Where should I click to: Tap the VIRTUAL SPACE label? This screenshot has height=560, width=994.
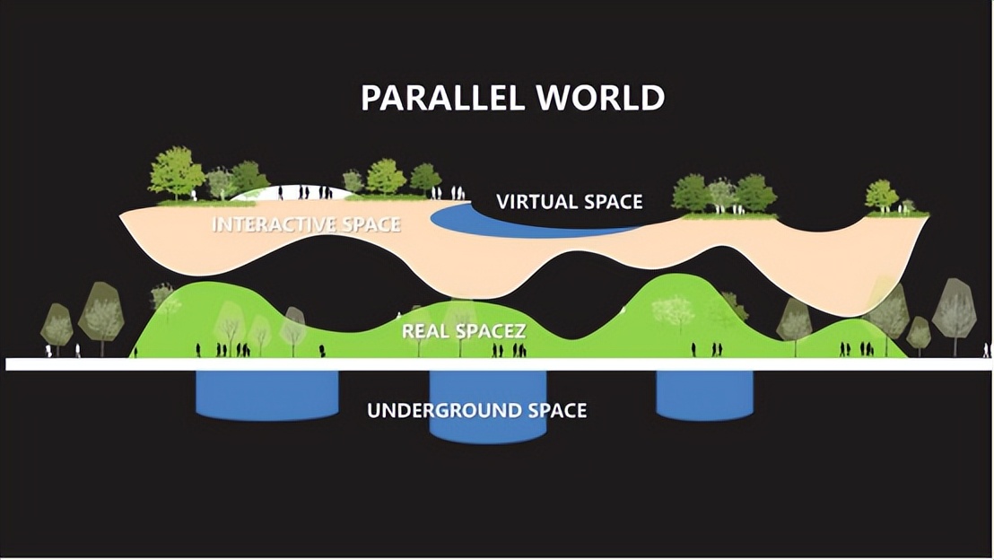tap(570, 202)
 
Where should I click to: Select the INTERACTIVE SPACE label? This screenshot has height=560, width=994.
tap(306, 224)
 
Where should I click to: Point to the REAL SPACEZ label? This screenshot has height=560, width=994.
tap(463, 330)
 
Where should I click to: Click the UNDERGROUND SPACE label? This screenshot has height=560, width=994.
tap(476, 411)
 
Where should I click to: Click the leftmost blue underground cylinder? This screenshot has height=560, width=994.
tap(266, 395)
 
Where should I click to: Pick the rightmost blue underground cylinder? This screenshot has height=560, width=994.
tap(704, 395)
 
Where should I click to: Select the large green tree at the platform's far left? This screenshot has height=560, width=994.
tap(175, 172)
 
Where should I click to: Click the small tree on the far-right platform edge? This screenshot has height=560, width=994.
tap(881, 195)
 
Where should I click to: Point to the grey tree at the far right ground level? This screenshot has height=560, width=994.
tap(954, 310)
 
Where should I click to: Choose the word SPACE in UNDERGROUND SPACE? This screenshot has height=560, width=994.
tap(557, 411)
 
